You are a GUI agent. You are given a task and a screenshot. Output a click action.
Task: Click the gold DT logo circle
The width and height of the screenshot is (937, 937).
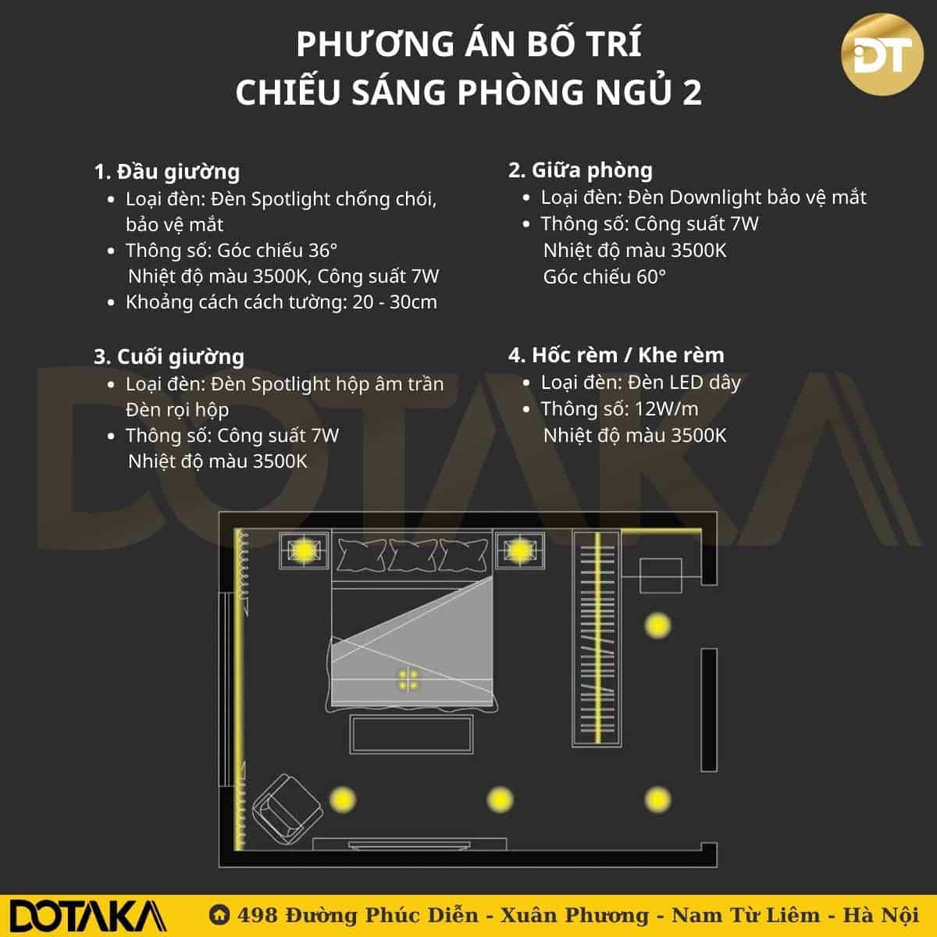(882, 55)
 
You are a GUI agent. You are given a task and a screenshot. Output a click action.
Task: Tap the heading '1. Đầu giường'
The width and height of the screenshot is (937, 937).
(167, 172)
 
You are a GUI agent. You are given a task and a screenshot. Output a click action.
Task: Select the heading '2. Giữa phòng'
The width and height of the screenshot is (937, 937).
(580, 170)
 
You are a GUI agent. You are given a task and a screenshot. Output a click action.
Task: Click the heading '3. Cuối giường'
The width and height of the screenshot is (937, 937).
(169, 357)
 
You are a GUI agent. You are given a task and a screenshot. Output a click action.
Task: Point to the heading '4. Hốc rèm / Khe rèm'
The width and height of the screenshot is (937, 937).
(616, 355)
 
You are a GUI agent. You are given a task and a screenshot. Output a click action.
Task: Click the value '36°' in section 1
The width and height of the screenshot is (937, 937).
(322, 251)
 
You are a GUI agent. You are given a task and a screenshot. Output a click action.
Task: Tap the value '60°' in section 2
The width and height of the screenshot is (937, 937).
(651, 276)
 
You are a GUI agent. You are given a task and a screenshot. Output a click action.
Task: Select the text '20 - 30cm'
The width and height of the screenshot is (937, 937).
(395, 302)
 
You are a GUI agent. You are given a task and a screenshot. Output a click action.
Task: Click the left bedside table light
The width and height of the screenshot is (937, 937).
(304, 550)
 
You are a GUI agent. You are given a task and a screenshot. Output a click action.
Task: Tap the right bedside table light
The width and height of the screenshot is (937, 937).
(519, 550)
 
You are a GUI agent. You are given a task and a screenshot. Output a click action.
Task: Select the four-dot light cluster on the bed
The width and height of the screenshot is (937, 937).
(408, 680)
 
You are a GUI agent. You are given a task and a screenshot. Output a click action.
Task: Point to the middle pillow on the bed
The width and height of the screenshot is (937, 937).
(413, 555)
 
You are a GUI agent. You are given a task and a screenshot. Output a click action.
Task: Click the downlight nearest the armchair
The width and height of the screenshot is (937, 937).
(343, 800)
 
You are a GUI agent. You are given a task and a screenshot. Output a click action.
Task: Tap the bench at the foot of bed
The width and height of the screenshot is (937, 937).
(411, 734)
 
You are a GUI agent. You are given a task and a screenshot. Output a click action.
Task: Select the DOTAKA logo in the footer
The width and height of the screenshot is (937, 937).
(88, 916)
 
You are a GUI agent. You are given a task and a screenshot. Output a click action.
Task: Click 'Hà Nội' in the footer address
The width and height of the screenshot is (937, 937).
(881, 914)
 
